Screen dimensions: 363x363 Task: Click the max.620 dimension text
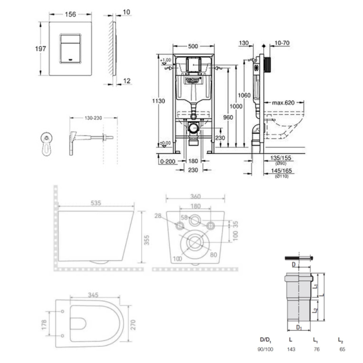click(284, 103)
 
